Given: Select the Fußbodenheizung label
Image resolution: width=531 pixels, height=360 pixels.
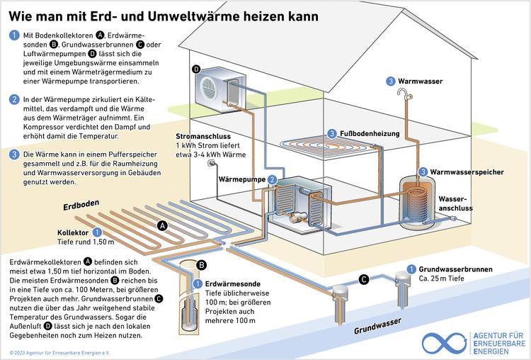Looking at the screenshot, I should (x=369, y=133).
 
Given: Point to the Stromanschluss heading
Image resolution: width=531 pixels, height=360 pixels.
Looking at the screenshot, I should (x=203, y=136).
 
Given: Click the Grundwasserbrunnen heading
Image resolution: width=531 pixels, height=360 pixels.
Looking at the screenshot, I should (x=455, y=269).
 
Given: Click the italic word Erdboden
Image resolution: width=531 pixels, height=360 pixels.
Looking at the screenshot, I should (x=75, y=207).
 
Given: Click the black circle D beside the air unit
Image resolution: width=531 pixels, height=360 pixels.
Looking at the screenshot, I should (x=196, y=69).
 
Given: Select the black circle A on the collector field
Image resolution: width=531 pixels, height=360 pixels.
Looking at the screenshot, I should (x=162, y=225).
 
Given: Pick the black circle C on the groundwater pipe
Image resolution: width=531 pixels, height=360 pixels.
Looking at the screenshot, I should (x=363, y=280).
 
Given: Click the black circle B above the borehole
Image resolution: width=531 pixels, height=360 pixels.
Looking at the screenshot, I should (x=201, y=265).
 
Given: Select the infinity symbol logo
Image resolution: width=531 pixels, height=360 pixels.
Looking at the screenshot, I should (x=444, y=343).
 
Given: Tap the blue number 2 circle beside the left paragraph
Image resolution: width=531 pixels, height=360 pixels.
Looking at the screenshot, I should (x=14, y=100).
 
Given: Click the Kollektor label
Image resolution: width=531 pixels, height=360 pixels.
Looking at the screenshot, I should (x=72, y=232).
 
